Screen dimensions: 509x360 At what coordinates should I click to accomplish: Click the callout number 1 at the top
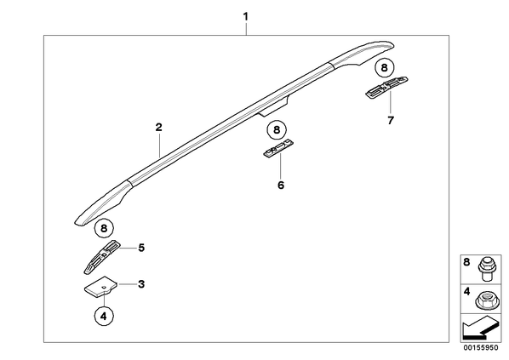[x=246, y=16]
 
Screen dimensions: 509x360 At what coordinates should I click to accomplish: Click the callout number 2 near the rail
[x=158, y=127]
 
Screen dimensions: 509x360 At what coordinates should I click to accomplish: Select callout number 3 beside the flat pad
[x=141, y=284]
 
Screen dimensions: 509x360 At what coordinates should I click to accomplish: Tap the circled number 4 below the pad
[x=104, y=316]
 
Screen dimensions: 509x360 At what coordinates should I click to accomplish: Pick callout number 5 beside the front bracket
[x=141, y=248]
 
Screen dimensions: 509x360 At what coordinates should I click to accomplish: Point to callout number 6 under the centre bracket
[x=281, y=186]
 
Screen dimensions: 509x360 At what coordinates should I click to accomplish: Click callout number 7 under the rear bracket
[x=391, y=121]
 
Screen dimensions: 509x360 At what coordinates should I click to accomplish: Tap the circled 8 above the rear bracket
[x=385, y=68]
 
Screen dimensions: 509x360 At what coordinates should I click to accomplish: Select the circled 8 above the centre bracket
[x=277, y=130]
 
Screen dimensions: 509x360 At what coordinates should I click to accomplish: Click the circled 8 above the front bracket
[x=104, y=228]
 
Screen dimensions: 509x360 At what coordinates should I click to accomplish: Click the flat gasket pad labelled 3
[x=101, y=286]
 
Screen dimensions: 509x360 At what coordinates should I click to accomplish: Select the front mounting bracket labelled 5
[x=101, y=257]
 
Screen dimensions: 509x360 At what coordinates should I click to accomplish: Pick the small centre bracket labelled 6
[x=278, y=149]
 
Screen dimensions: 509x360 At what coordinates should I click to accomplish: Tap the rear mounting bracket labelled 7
[x=386, y=87]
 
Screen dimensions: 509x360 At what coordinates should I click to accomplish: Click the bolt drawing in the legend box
[x=484, y=269]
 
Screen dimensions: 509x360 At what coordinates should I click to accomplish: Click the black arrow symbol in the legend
[x=479, y=327]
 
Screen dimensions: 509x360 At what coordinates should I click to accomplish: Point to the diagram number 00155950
[x=481, y=348]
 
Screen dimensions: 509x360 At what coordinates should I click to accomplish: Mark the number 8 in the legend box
[x=466, y=262]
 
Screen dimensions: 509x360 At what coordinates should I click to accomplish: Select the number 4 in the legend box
[x=466, y=292]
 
